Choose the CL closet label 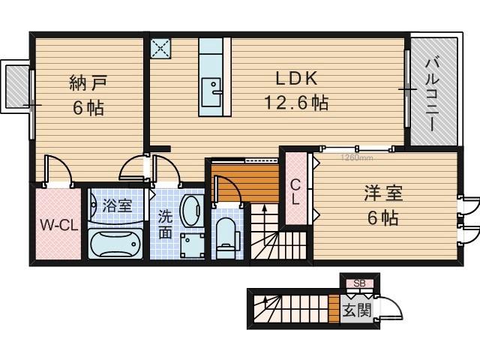coord(295,192)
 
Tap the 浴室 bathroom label coord(118,205)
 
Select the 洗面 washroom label coord(165,223)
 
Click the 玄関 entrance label coord(356,309)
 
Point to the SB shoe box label coord(359,283)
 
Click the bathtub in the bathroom coord(116,244)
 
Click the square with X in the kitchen coord(161,48)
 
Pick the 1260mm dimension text coord(357,157)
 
